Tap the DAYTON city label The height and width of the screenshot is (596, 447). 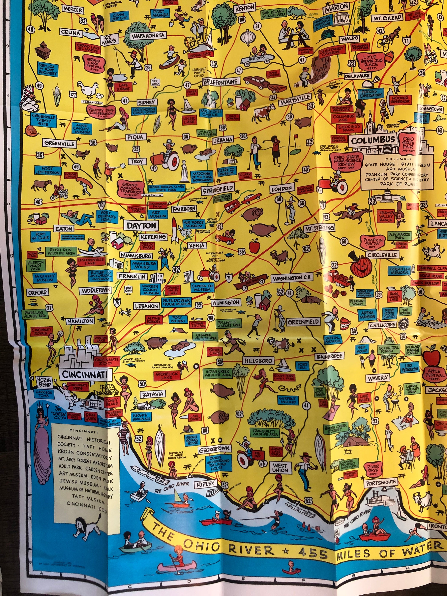[x=141, y=225]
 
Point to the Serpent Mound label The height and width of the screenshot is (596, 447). [x=288, y=400]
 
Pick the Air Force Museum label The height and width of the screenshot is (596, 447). [x=194, y=224]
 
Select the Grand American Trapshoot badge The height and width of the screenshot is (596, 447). [x=130, y=188]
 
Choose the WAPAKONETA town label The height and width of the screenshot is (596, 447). [x=148, y=35]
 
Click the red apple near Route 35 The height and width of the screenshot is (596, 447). [x=253, y=246]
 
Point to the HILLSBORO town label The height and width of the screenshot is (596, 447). [x=258, y=361]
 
